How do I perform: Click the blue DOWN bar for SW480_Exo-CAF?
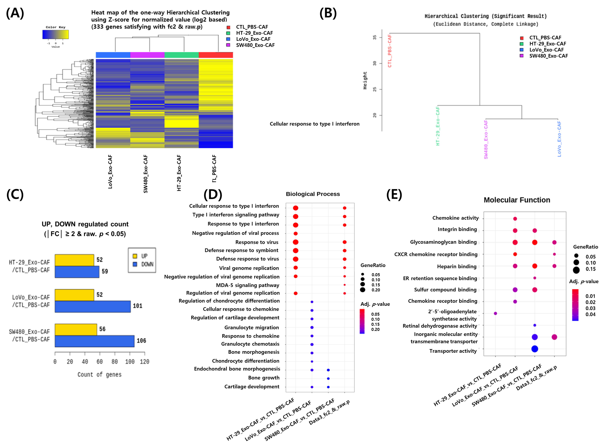tap(94, 341)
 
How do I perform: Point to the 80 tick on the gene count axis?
tap(115, 362)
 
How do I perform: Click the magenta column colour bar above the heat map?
tap(147, 55)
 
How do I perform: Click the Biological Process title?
tap(313, 194)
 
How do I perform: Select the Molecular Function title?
tap(517, 200)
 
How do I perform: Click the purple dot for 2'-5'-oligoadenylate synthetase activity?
tap(495, 313)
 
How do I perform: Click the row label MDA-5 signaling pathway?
tap(248, 285)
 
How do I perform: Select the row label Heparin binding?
tap(457, 266)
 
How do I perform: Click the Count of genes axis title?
tap(99, 374)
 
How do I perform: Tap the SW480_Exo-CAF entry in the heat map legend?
tap(255, 45)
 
